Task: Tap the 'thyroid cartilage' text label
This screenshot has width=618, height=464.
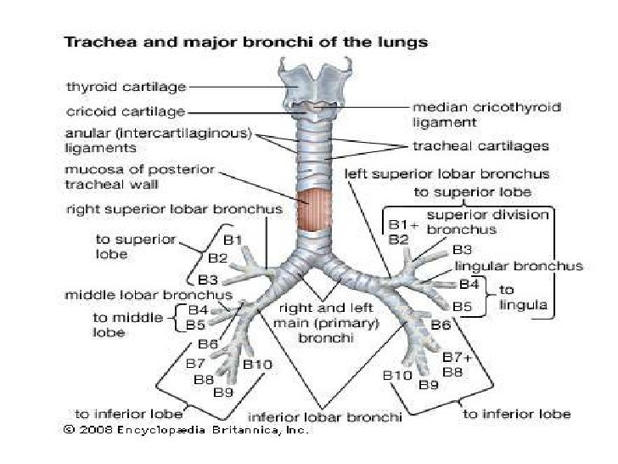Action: point(126,86)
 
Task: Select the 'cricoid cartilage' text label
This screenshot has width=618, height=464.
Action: point(125,110)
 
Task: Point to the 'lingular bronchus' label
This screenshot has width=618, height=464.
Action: point(519,266)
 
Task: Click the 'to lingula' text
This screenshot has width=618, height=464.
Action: point(525,297)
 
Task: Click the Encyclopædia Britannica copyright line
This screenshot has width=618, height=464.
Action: point(186,430)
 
